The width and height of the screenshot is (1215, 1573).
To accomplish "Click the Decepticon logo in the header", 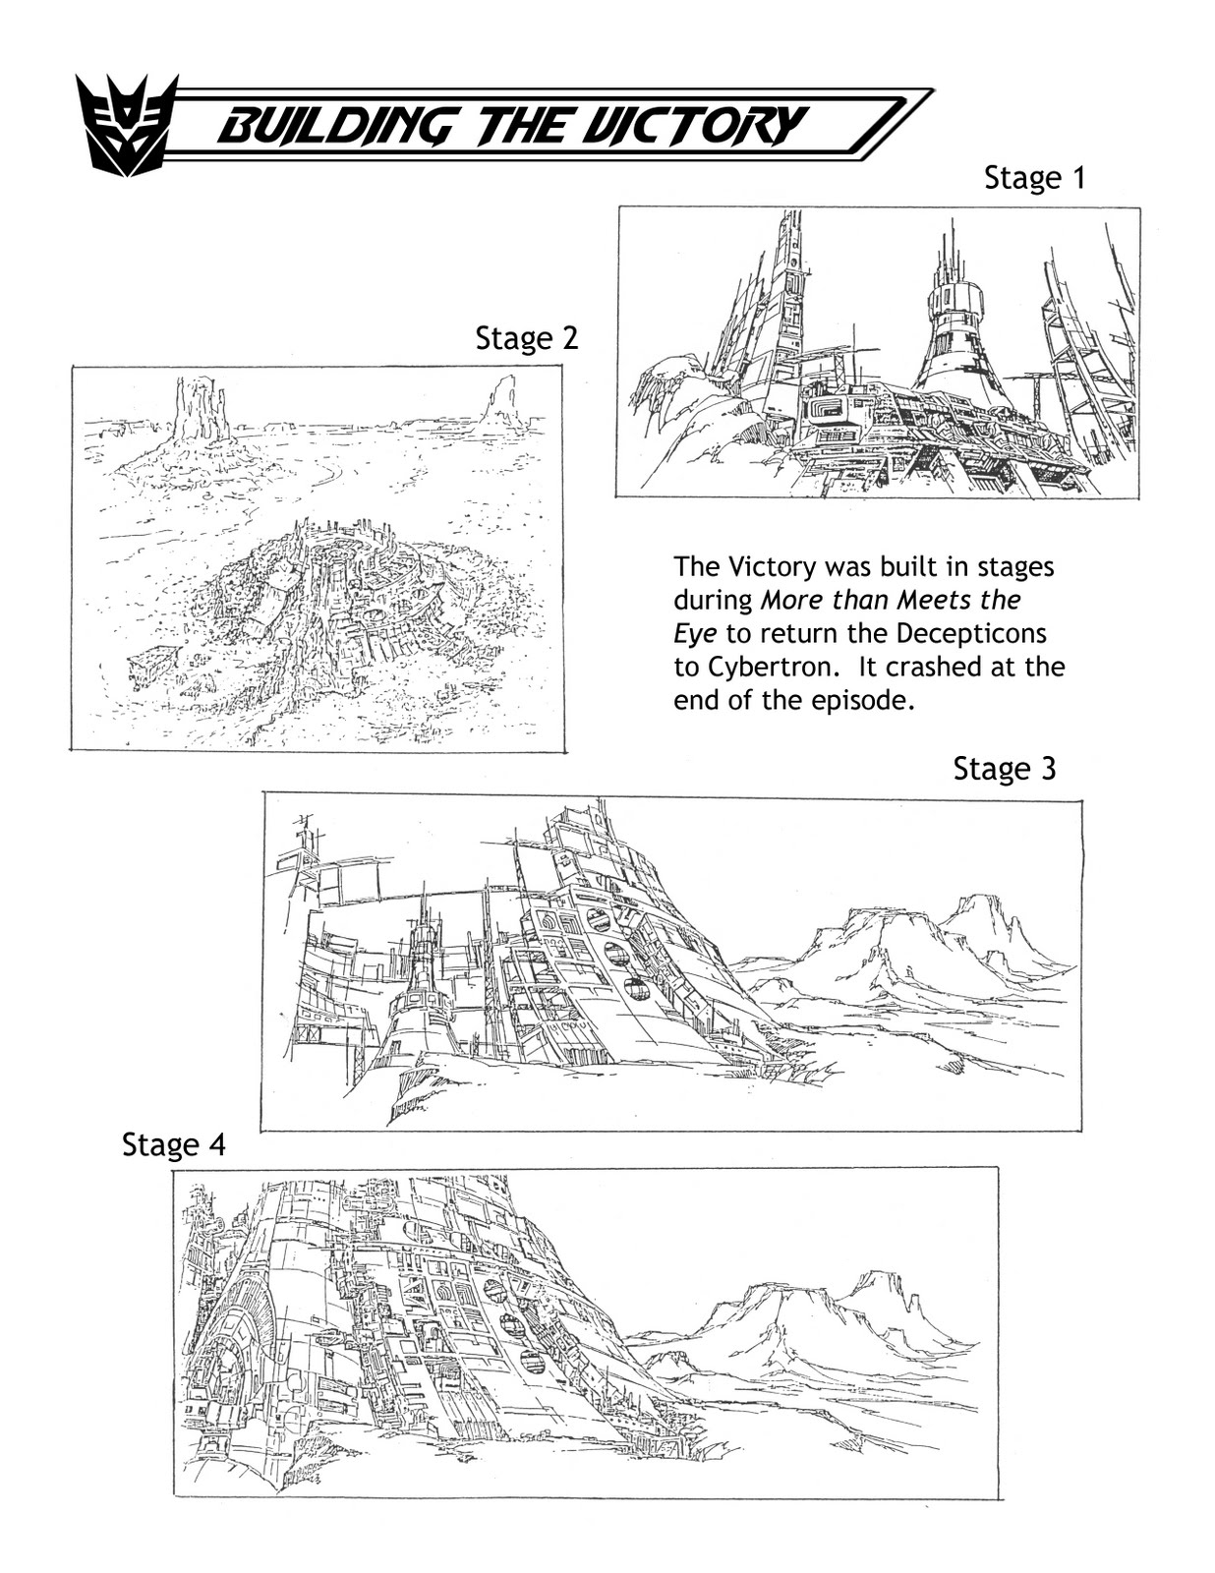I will click(x=127, y=126).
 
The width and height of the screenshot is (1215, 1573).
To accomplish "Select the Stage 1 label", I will click(x=1034, y=178).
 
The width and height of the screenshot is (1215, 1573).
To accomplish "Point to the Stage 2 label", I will click(x=527, y=338).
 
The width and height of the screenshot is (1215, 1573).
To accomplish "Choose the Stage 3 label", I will click(x=1004, y=769).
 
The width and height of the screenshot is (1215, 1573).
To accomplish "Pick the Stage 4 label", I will click(x=173, y=1145).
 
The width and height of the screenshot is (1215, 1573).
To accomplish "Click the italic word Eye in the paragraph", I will click(x=694, y=633).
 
